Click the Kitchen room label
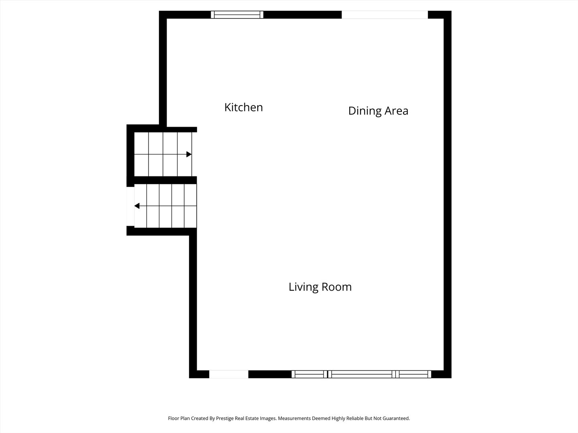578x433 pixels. coord(243,107)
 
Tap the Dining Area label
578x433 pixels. coord(378,111)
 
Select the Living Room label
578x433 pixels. coord(320,287)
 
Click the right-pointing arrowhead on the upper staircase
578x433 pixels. coord(189,154)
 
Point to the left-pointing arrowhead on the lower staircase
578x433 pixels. coord(137,206)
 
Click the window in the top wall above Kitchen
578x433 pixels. coord(237,15)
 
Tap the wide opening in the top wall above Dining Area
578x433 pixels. coord(385,15)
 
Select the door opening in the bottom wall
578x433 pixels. coord(229,374)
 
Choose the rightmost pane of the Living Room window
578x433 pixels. coord(414,374)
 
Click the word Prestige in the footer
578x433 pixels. coord(225,418)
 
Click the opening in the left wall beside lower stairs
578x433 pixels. coord(130,206)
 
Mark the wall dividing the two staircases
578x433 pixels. coord(165,180)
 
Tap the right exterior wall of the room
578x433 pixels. coord(448,192)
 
